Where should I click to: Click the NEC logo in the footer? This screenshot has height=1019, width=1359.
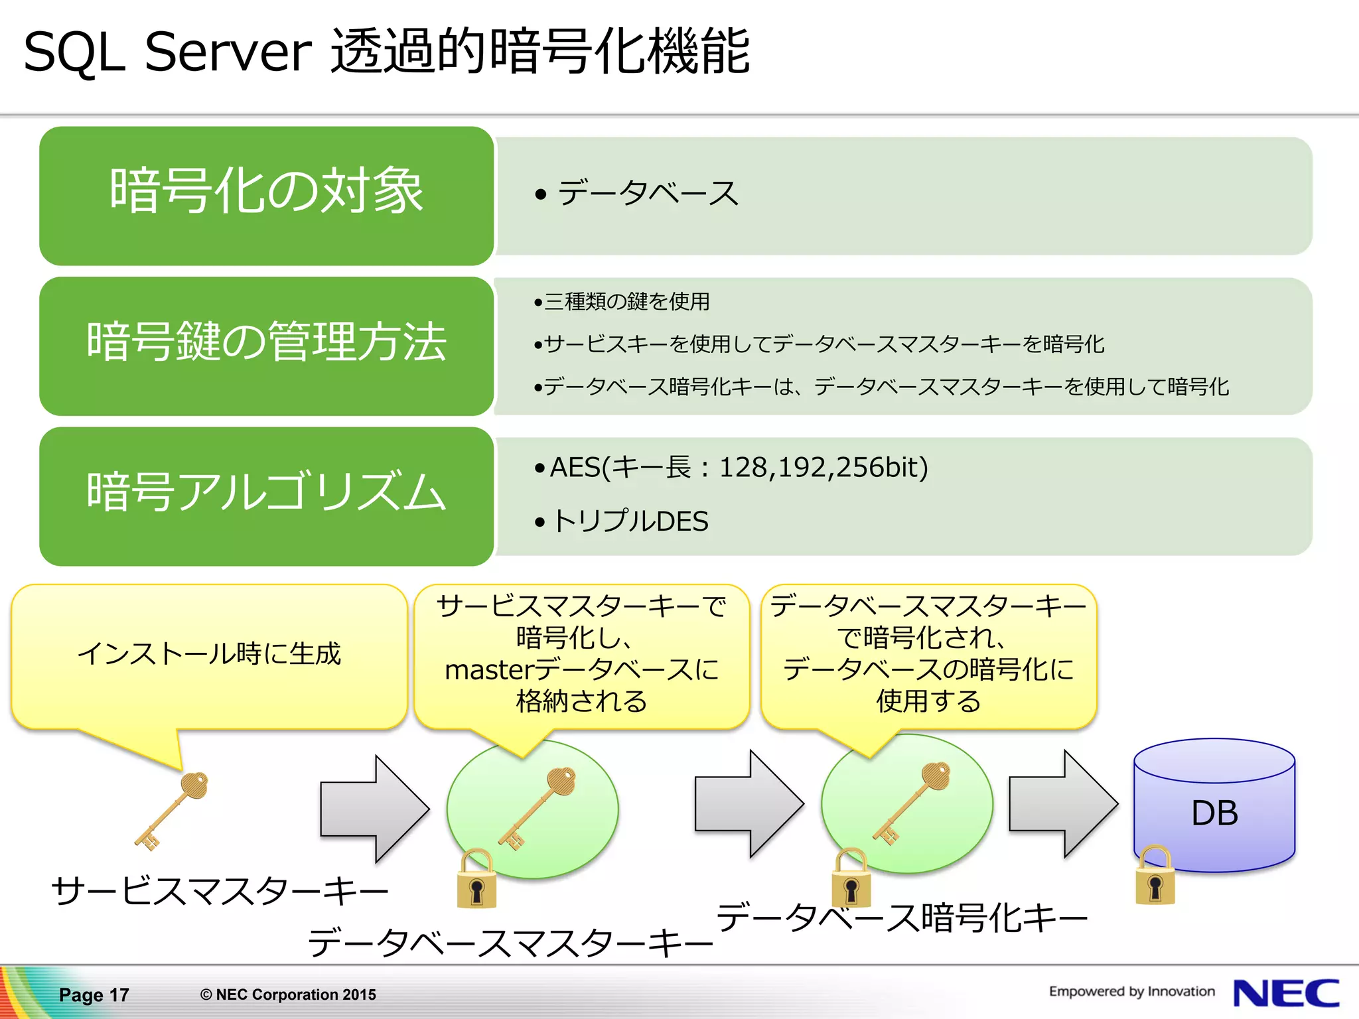click(1285, 993)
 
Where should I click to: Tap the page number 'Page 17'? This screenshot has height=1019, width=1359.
click(94, 994)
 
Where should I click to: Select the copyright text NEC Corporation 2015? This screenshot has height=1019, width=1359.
click(288, 994)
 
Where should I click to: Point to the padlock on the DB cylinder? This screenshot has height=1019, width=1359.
click(1155, 878)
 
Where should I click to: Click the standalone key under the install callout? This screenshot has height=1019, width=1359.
click(172, 811)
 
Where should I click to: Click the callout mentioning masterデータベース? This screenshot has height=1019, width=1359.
click(581, 654)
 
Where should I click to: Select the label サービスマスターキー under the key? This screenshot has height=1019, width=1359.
click(220, 891)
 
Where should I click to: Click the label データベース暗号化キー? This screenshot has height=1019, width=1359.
click(902, 918)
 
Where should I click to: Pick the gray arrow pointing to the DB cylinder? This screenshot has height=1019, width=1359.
click(1062, 804)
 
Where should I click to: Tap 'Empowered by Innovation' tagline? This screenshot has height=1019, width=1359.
click(1131, 991)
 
